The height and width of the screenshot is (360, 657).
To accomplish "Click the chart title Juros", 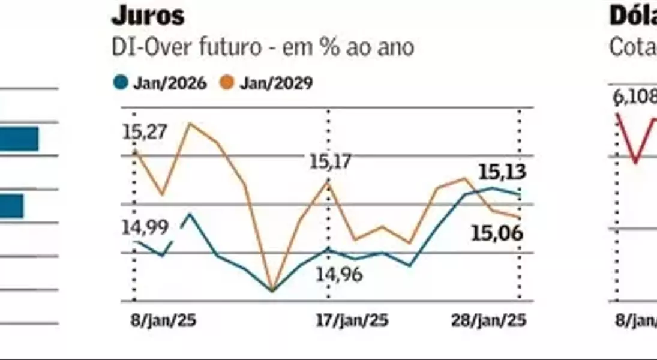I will click(148, 16).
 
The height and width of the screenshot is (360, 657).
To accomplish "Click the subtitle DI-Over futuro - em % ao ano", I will click(263, 47).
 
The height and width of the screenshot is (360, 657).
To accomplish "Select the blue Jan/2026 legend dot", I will click(121, 83).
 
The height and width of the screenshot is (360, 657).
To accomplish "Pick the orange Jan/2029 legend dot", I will click(227, 83).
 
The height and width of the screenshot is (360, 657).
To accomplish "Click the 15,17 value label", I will click(329, 161).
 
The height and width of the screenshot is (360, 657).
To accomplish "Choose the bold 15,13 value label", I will click(502, 172).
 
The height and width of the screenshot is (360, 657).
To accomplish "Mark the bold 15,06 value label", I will click(497, 233).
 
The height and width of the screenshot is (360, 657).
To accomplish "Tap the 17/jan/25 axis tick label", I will click(352, 320).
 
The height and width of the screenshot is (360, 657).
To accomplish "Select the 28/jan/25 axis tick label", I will click(488, 320).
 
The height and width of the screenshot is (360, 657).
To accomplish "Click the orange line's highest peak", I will click(190, 124).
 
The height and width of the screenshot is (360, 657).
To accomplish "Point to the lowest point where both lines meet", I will click(272, 291).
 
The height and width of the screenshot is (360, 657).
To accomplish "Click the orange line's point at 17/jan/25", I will click(328, 179).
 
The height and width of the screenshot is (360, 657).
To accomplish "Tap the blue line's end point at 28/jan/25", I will click(519, 194).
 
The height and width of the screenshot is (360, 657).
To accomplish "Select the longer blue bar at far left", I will click(19, 139).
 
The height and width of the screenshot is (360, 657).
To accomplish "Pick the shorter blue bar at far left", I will click(11, 206).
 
